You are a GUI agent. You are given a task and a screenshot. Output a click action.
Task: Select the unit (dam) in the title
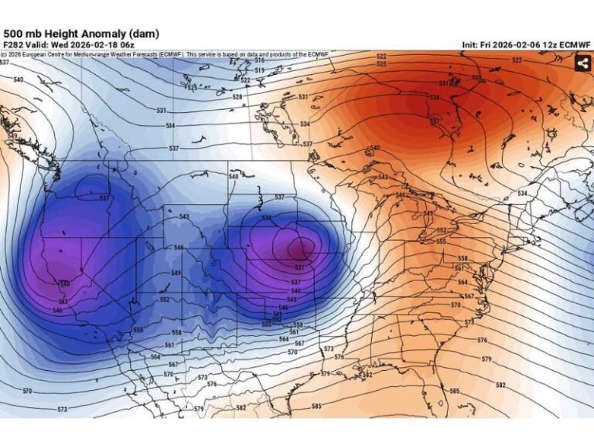pos(145,33)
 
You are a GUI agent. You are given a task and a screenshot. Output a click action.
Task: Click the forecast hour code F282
pos(12,46)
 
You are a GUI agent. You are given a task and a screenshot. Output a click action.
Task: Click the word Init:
pos(471,46)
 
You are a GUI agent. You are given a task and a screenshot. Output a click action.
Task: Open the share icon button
pos(582,64)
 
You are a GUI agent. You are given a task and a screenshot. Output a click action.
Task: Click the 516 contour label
pos(259,59)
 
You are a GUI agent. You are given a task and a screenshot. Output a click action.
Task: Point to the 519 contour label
pos(259,70)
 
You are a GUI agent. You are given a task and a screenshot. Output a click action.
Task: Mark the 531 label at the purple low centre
pos(299,267)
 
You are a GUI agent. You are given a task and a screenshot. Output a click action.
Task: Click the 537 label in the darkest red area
pos(435,121)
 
